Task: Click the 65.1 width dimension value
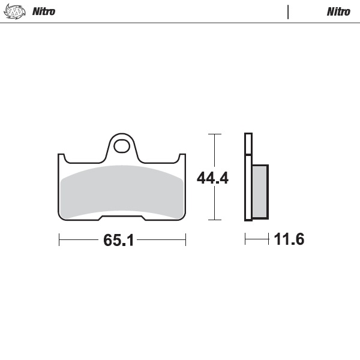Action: [118, 241]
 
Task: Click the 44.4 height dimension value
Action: [213, 178]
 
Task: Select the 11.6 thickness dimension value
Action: [289, 240]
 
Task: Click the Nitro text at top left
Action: [43, 11]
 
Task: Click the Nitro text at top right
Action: [338, 11]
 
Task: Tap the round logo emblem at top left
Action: [16, 11]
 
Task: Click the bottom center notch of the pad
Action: [122, 215]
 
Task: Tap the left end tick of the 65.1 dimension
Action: [59, 241]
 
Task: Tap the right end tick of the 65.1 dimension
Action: [185, 241]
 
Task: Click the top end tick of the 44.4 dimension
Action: [214, 134]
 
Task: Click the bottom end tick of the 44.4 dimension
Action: [214, 220]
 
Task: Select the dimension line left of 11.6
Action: [256, 241]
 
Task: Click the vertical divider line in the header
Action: [288, 11]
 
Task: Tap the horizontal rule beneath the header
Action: [180, 23]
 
